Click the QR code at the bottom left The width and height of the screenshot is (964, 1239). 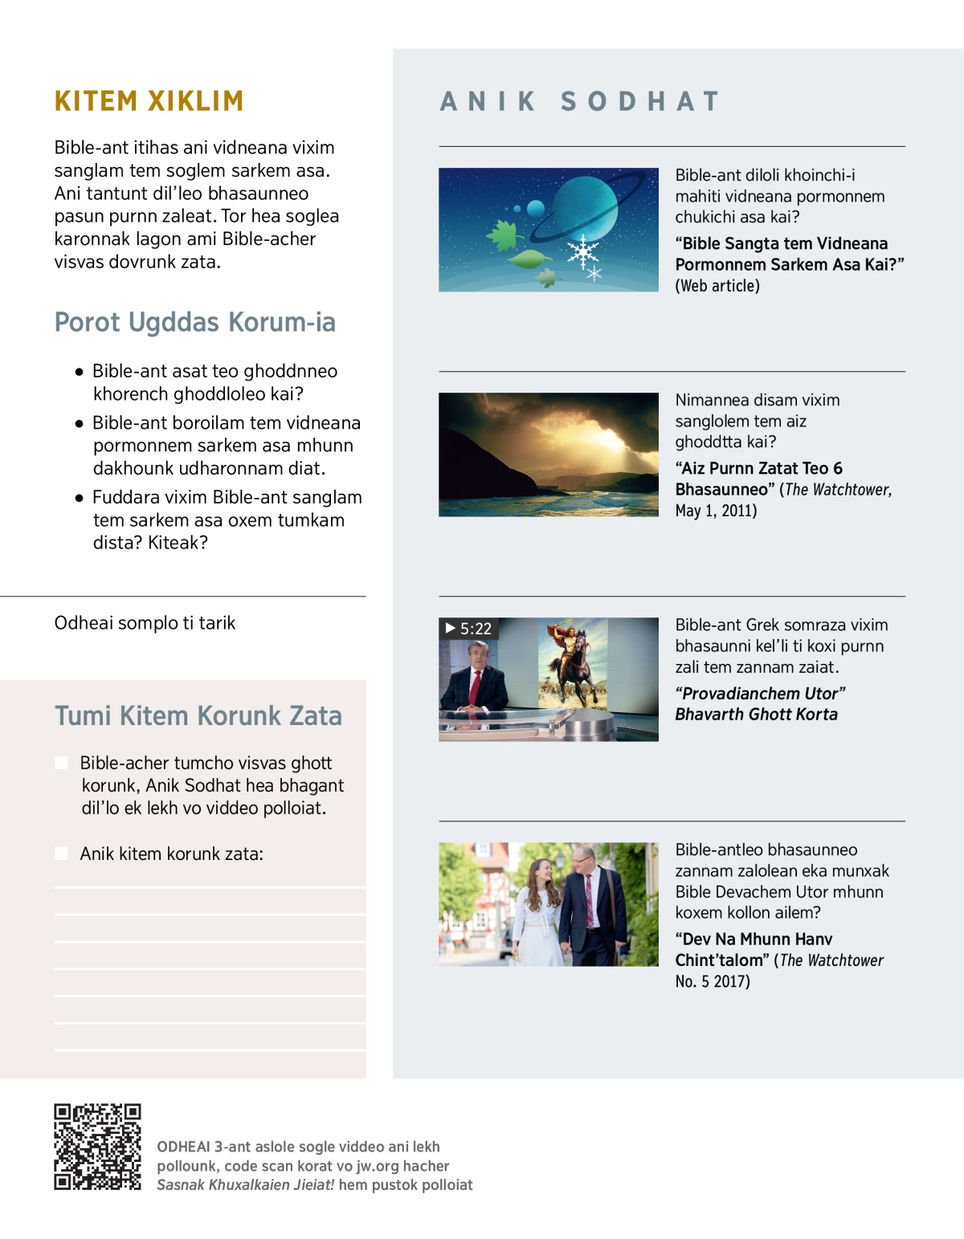coord(97,1147)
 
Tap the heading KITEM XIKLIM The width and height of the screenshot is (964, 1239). coord(149,101)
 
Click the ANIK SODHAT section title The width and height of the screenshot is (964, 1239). coord(579,102)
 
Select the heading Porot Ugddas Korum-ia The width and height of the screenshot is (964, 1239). coord(195,322)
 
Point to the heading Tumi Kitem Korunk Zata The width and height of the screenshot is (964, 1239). coord(198,715)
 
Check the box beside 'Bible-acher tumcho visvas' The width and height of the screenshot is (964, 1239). coord(61,763)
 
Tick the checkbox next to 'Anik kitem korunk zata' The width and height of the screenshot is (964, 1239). coord(61,854)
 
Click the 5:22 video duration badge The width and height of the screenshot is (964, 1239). coord(468,629)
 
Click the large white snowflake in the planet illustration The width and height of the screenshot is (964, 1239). coord(582,251)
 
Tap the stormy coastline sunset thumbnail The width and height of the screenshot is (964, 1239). coord(548,454)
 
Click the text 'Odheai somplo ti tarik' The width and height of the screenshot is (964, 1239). coord(145,623)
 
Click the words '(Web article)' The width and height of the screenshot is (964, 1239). coord(717,286)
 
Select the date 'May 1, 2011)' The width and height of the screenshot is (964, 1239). coord(716,511)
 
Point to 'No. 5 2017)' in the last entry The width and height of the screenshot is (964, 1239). coord(713,981)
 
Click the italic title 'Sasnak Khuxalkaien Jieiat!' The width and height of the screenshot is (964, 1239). coord(245,1185)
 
